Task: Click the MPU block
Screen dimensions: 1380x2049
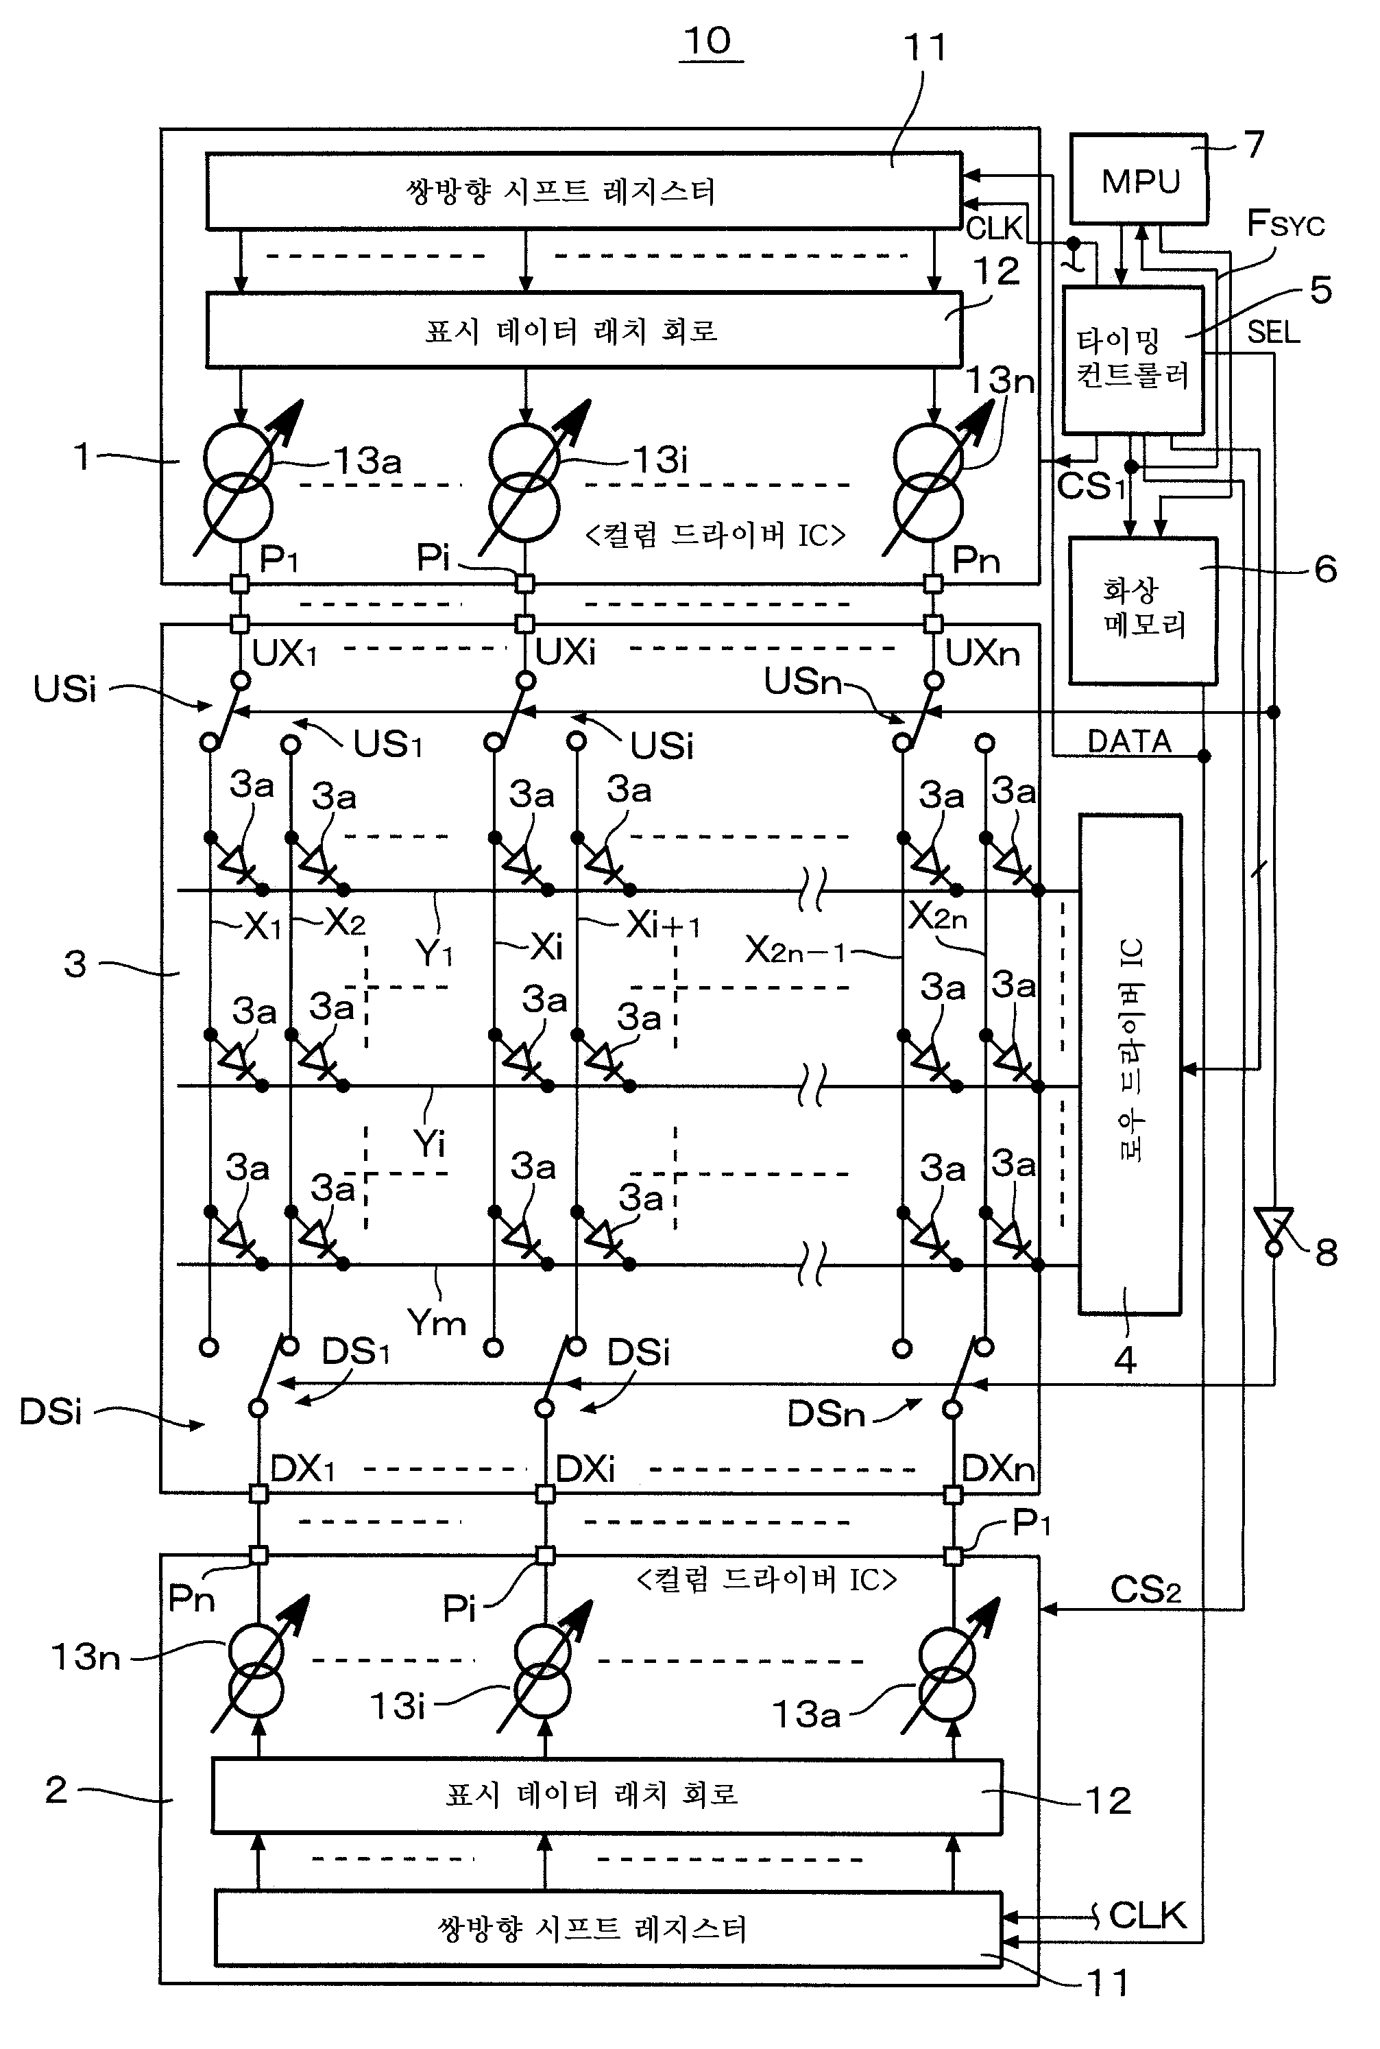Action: pos(1139,180)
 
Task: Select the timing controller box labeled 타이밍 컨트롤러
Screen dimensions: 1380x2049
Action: pos(1133,359)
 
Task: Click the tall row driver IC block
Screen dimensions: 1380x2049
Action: pos(1130,1064)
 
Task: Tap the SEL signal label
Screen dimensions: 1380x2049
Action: pos(1274,332)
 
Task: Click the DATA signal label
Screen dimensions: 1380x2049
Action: pos(1129,741)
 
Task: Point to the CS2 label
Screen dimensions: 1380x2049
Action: pos(1145,1590)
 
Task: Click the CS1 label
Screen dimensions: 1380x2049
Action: pos(1091,486)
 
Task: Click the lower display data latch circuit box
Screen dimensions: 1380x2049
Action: pos(607,1795)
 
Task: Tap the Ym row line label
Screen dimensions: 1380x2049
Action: pos(437,1322)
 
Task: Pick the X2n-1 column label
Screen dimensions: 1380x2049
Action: pos(795,950)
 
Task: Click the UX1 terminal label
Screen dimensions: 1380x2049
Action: pos(285,653)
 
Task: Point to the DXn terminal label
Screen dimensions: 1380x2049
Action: pos(998,1468)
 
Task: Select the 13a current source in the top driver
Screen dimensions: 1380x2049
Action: pos(239,482)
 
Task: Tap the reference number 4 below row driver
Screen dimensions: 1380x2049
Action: pos(1125,1360)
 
